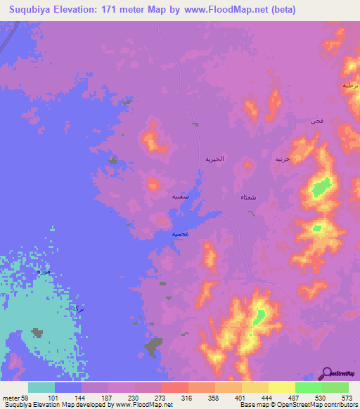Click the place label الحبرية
(x=214, y=159)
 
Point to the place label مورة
(x=44, y=271)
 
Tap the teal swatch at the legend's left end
(x=41, y=387)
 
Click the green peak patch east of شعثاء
(x=321, y=187)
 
